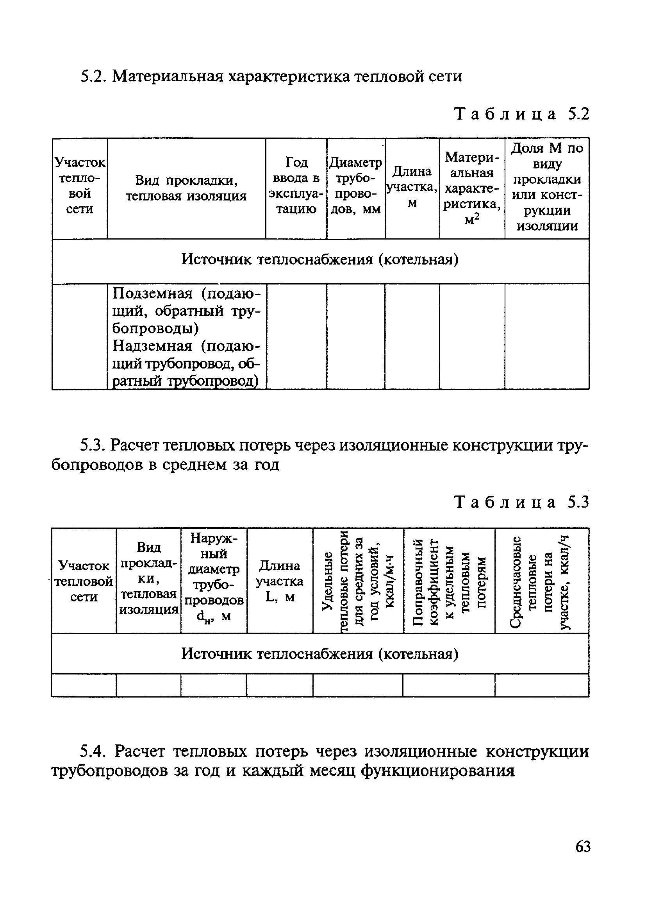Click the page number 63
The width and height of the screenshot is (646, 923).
582,847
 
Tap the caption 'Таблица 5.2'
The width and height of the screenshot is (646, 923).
521,114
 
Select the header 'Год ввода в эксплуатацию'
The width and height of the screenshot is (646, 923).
296,185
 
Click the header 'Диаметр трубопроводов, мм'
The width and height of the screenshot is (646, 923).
355,186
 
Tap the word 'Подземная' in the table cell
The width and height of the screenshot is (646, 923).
153,293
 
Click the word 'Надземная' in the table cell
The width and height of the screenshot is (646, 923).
153,346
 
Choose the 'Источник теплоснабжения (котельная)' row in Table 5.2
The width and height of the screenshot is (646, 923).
320,260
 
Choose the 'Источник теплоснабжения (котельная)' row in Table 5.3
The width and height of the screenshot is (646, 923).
320,654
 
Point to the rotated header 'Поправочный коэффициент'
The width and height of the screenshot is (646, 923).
449,581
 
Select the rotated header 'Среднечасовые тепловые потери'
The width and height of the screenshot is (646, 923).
542,581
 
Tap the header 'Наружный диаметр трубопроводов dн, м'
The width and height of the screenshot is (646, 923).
214,577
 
